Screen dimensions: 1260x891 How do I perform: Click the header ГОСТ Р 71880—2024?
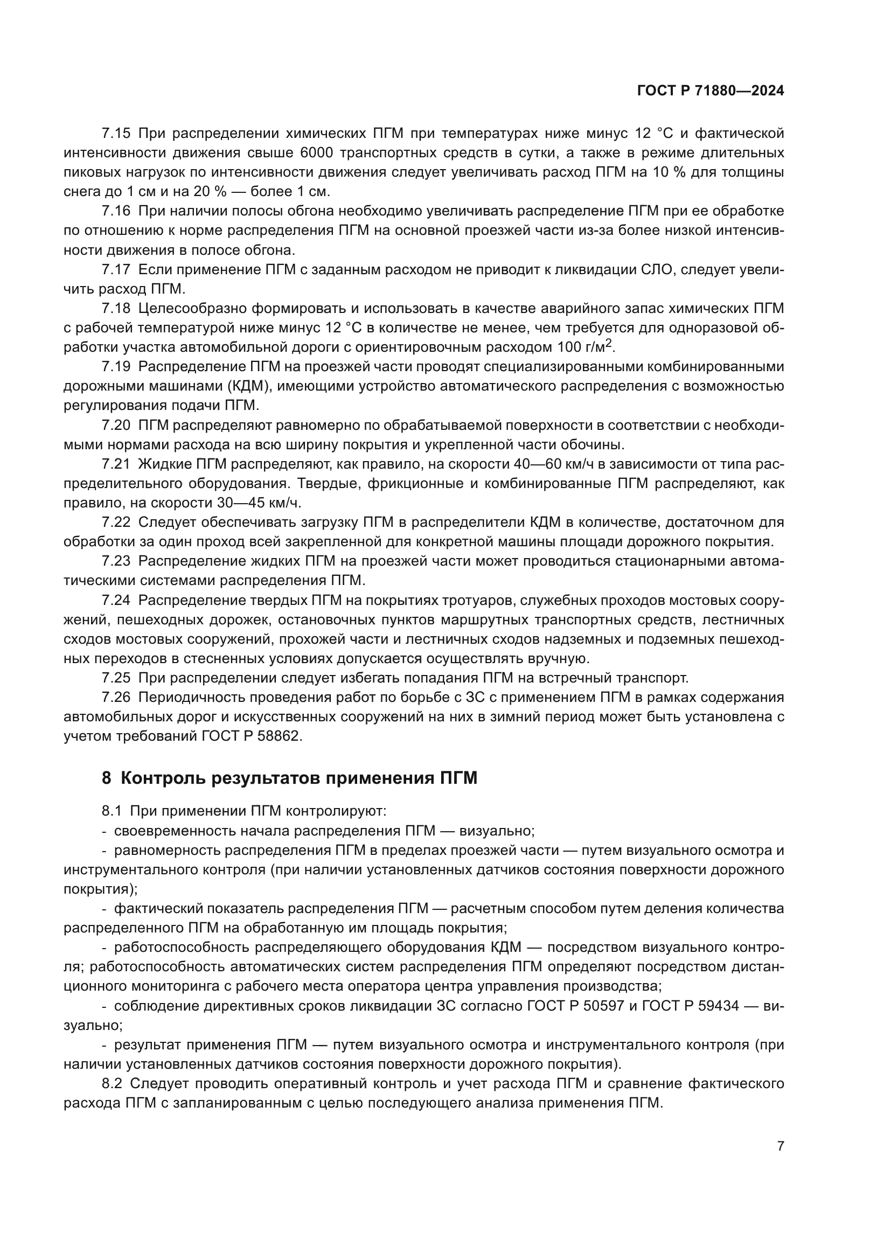coord(710,91)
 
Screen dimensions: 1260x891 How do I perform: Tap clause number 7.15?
coord(116,134)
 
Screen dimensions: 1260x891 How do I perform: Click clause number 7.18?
coord(116,309)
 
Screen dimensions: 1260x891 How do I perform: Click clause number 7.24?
coord(116,600)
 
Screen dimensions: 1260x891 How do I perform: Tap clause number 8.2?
coord(114,1084)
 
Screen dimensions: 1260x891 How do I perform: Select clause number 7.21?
coord(116,464)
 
